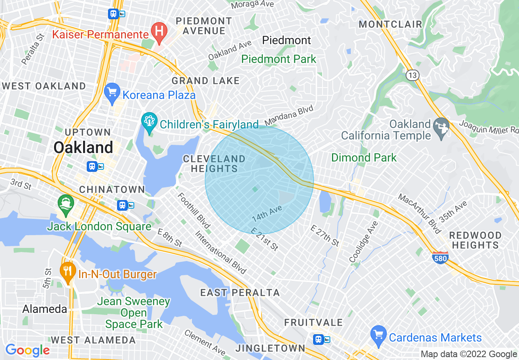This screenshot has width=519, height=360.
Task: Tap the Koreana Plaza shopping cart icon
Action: click(112, 93)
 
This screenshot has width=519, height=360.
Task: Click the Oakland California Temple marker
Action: click(441, 127)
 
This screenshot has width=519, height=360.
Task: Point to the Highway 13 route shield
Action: click(412, 75)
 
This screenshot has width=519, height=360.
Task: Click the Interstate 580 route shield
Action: click(440, 258)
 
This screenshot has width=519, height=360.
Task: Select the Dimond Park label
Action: click(363, 157)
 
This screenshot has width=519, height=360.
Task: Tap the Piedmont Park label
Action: click(279, 59)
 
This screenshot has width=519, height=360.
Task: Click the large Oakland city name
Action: click(83, 147)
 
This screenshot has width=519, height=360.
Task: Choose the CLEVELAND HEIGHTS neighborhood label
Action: click(214, 164)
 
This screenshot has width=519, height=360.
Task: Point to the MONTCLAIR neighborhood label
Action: click(390, 24)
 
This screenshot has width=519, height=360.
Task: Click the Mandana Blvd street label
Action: click(289, 116)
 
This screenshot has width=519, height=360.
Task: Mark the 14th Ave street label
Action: click(267, 213)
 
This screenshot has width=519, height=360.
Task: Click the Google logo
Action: click(27, 350)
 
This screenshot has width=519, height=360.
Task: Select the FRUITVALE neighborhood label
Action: click(314, 323)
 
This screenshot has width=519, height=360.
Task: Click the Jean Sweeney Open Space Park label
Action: click(133, 313)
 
